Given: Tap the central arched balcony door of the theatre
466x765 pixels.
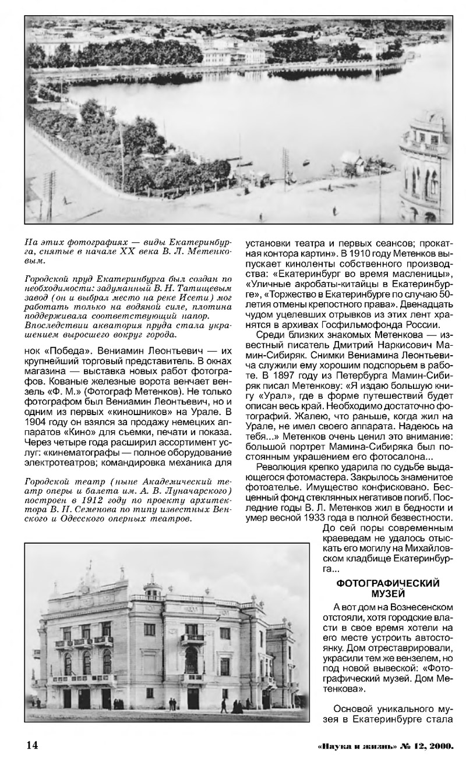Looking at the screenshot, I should pos(190,658).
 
